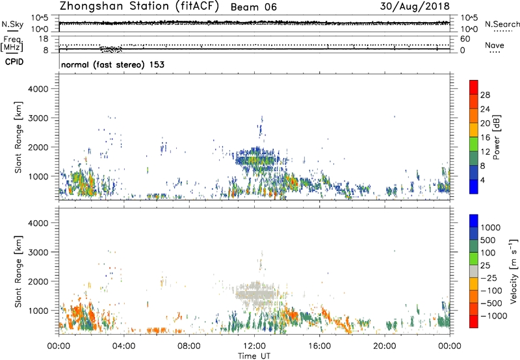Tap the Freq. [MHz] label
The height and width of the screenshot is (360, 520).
13,44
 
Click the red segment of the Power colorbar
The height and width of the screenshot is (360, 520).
473,88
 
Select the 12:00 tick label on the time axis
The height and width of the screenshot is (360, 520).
254,344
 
